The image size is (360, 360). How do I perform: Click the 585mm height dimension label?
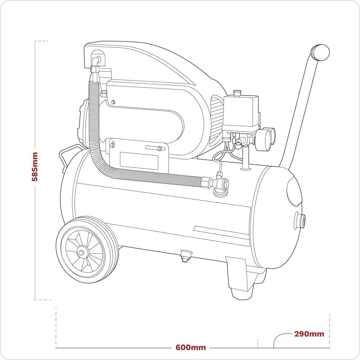coord(35,167)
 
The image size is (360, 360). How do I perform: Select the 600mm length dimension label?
coord(191,347)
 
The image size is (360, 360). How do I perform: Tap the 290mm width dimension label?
coord(309,334)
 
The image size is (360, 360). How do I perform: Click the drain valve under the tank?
coord(185,255)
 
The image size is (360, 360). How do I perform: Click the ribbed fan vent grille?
coord(217,120)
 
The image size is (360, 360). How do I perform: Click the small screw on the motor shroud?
coord(113,103)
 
